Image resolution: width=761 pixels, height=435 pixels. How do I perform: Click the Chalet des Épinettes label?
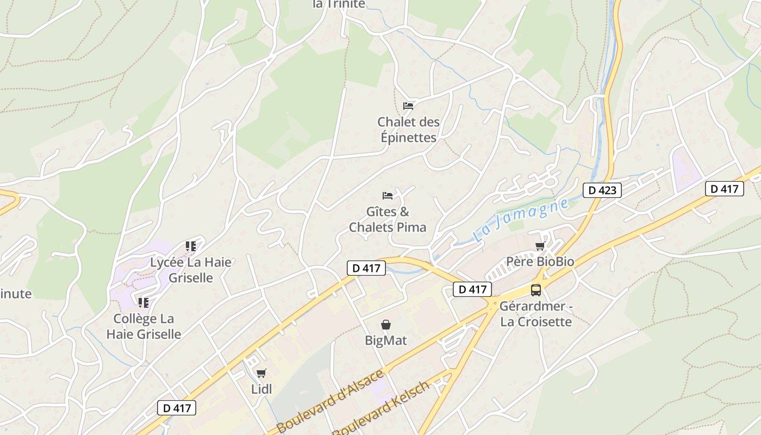point(409,130)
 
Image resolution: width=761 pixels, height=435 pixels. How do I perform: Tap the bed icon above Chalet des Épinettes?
point(408,106)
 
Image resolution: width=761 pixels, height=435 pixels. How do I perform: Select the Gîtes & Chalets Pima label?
point(388,219)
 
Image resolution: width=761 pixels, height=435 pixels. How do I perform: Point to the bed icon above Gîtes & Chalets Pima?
point(388,196)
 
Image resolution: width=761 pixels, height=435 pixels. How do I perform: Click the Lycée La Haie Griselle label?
point(191,270)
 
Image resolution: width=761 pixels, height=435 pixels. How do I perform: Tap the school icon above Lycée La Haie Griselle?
point(191,246)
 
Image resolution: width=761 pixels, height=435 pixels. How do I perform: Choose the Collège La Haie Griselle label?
point(144,326)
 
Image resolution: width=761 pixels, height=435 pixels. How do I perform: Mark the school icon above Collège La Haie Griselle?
point(144,302)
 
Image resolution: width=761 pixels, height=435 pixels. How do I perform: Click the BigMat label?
point(386,341)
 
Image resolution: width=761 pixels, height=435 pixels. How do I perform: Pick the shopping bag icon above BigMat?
point(386,325)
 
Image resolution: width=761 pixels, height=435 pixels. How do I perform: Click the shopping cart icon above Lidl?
point(261,373)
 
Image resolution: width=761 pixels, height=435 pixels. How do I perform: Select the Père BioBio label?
point(540,262)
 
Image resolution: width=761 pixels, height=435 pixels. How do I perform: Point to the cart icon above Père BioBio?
point(540,246)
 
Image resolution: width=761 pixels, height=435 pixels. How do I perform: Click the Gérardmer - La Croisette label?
point(536,314)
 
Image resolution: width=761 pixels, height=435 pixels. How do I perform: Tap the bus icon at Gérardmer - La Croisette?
point(536,290)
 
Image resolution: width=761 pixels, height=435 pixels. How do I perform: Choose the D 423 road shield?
point(602,190)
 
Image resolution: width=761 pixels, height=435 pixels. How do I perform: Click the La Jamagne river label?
point(521,220)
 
